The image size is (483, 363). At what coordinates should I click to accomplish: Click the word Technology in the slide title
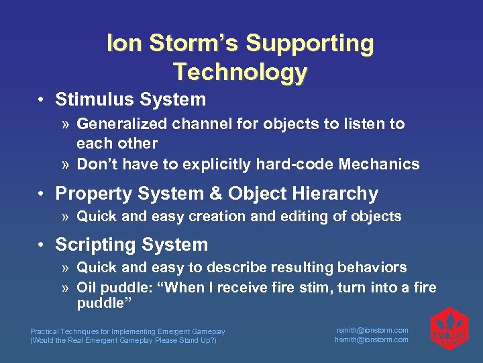240,71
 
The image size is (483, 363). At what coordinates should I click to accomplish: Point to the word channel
191,124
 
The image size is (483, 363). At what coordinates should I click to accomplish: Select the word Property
88,194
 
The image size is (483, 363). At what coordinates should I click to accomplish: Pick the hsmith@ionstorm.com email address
372,339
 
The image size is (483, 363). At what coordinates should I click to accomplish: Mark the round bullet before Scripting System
42,245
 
